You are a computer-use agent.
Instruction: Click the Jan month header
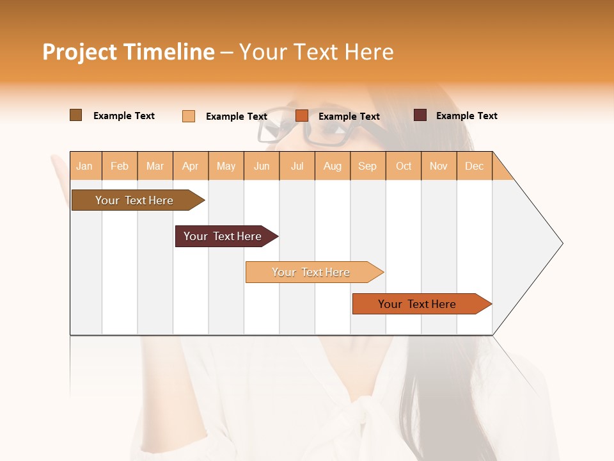pos(84,166)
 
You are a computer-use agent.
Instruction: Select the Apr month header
pos(190,166)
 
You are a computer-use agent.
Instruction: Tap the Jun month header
pos(262,166)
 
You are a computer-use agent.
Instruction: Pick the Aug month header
pos(332,166)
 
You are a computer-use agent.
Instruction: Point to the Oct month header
pos(404,166)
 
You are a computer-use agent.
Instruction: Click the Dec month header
pos(474,166)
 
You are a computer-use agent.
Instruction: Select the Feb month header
pos(120,166)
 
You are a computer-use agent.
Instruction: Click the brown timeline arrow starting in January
pos(134,200)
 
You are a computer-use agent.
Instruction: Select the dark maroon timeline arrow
pos(223,236)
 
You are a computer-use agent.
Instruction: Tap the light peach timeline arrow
pos(311,272)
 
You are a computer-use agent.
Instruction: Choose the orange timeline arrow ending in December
pos(417,304)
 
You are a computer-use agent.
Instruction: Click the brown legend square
pos(75,115)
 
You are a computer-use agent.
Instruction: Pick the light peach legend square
pos(189,116)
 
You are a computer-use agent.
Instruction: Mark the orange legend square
pos(302,115)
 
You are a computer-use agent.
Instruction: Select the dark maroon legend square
pos(420,115)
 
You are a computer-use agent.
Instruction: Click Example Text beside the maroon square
pos(466,116)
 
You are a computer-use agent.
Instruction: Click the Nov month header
pos(438,166)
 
